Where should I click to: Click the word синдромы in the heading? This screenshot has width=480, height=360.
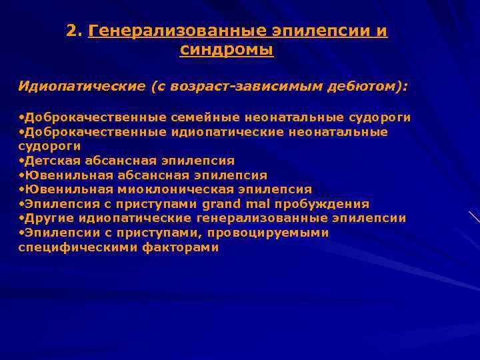coord(227,49)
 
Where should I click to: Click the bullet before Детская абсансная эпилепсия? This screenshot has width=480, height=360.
coord(21,161)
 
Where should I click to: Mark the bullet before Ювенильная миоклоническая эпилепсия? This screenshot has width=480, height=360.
coord(21,189)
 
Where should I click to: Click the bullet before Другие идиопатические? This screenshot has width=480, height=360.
coord(21,218)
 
